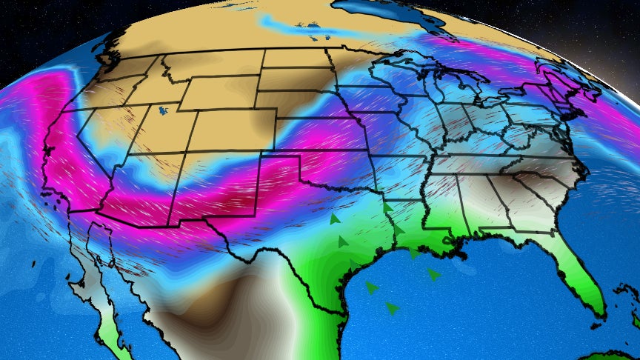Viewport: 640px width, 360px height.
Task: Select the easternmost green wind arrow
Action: click(433, 274)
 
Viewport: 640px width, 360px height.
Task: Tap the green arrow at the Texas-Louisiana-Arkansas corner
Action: click(387, 208)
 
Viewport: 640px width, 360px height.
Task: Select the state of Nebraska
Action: click(304, 111)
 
